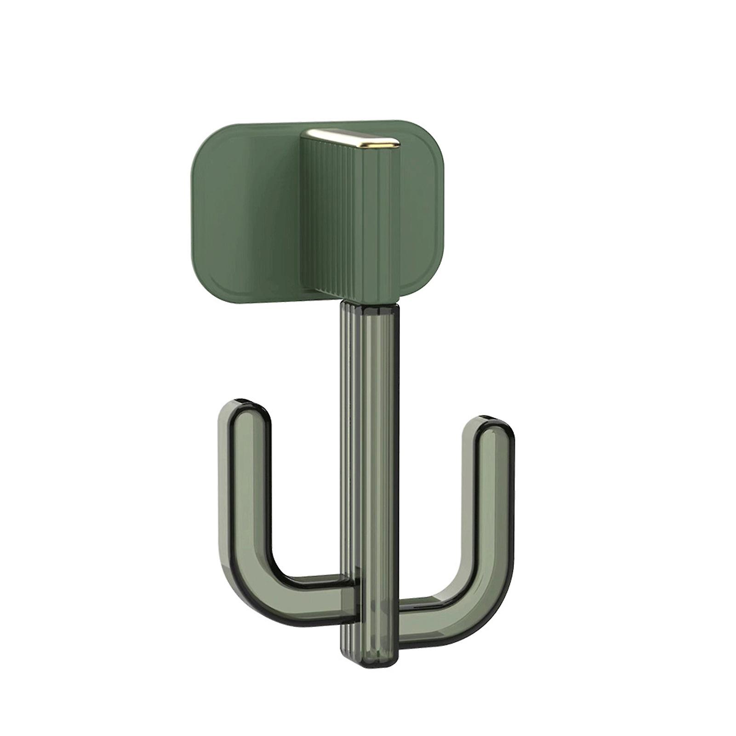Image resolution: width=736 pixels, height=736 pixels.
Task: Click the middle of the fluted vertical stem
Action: [368, 460]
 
